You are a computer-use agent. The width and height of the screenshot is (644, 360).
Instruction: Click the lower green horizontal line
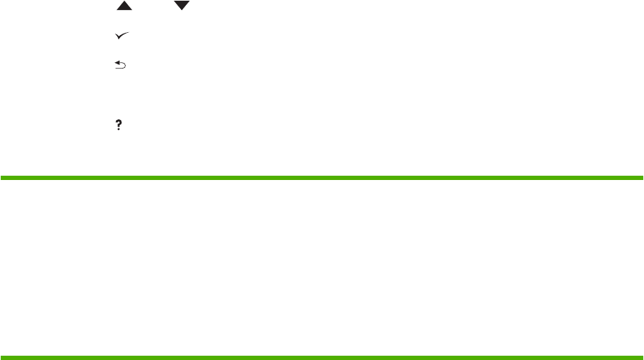322,356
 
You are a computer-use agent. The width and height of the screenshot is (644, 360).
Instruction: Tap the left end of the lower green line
1,356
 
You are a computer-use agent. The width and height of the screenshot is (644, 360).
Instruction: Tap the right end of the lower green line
643,356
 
